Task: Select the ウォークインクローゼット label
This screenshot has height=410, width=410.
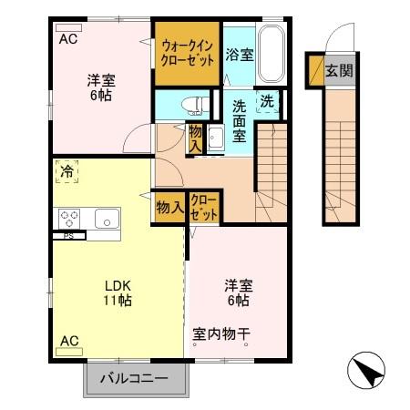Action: pyautogui.click(x=188, y=52)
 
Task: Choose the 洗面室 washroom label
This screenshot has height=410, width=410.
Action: pyautogui.click(x=239, y=120)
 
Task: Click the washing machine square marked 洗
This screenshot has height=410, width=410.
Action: pyautogui.click(x=270, y=102)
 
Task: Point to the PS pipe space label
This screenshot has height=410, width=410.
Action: pyautogui.click(x=68, y=235)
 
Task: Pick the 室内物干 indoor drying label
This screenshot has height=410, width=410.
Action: pyautogui.click(x=222, y=334)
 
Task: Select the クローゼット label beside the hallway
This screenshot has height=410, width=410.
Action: pyautogui.click(x=203, y=207)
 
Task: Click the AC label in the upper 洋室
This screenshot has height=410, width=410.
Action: pyautogui.click(x=68, y=39)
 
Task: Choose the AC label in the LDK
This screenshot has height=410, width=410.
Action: pyautogui.click(x=68, y=341)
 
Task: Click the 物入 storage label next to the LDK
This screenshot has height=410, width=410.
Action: pyautogui.click(x=169, y=207)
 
